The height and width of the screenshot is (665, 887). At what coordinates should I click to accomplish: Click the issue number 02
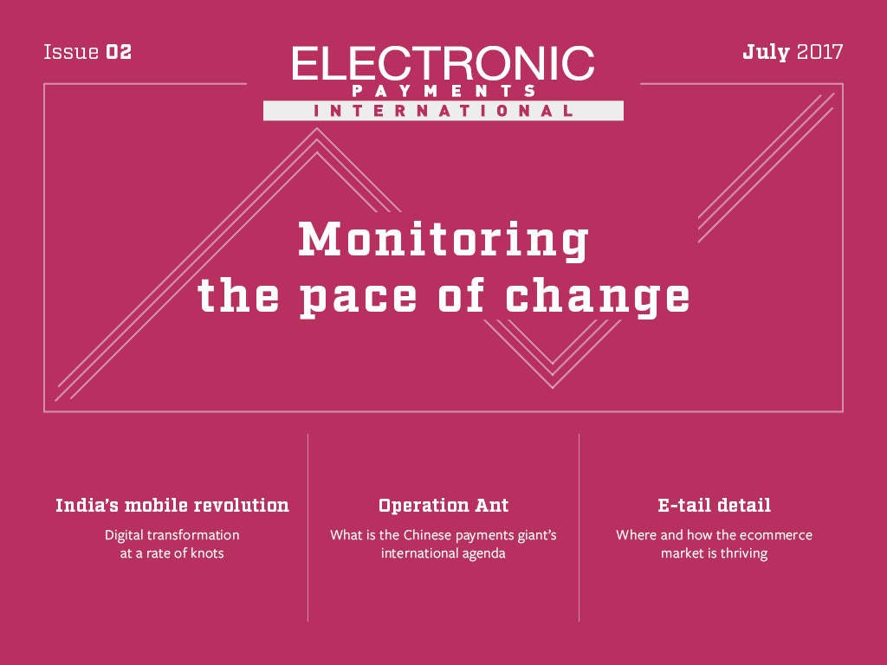pos(119,52)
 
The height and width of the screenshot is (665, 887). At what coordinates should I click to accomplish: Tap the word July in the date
pos(766,53)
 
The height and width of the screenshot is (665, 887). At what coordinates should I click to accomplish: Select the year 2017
pos(819,52)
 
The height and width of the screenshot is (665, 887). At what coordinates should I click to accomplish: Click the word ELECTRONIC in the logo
pos(443,63)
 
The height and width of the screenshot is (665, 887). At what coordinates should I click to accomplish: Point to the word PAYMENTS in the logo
pos(443,91)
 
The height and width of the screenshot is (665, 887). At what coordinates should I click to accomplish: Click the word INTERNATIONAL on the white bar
pos(443,110)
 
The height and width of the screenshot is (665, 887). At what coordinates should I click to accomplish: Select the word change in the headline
pos(598,298)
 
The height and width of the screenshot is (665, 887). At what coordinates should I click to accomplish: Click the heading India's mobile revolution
pos(172,505)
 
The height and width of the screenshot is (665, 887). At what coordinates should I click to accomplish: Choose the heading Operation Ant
pos(443,506)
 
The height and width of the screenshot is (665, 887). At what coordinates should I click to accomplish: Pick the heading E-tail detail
pos(714,505)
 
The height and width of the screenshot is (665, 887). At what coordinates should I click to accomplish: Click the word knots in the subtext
pos(207,553)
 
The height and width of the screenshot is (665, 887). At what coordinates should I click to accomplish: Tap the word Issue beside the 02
pos(71,52)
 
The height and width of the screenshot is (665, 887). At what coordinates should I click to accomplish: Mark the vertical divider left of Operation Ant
pos(308,527)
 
